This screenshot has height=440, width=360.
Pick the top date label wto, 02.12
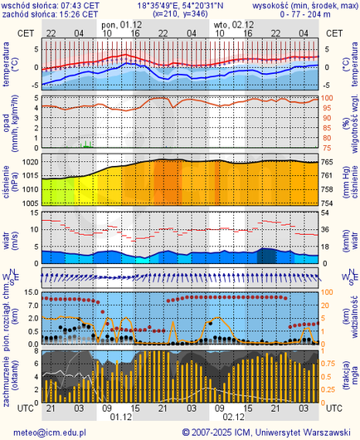tap(231, 25)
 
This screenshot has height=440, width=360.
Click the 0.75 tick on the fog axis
tap(330, 363)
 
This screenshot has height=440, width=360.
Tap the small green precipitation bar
tap(86, 144)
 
